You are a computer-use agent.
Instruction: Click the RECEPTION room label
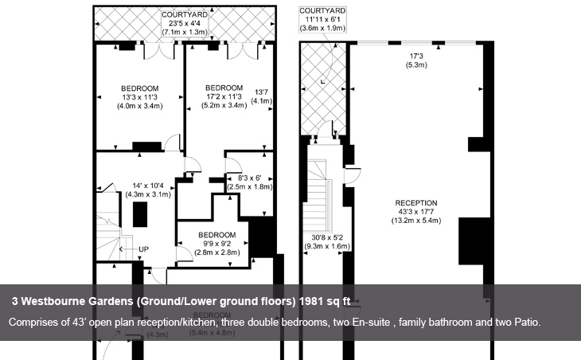(416, 203)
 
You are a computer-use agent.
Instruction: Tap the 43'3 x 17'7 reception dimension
(416, 212)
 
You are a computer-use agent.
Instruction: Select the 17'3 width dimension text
(416, 57)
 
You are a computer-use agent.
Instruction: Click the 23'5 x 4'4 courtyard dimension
(185, 23)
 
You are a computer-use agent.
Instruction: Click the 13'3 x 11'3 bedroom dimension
(140, 96)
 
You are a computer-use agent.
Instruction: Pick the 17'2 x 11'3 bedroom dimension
(224, 96)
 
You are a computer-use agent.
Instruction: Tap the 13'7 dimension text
(263, 92)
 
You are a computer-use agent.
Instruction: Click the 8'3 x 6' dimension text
(249, 178)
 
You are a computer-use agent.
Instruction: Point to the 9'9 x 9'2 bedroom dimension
(217, 244)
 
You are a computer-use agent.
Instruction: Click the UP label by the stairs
(143, 249)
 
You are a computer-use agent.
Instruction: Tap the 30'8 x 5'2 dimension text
(328, 238)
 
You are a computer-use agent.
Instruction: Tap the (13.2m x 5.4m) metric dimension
(416, 221)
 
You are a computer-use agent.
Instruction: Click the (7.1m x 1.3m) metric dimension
(185, 32)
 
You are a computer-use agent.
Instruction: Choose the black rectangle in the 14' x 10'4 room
(141, 215)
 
